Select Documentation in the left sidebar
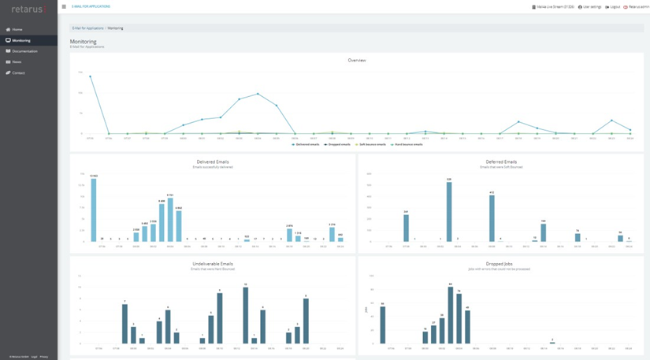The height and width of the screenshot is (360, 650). coord(24,51)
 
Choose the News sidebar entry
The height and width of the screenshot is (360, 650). coord(17,61)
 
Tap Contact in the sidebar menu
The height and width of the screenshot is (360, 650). coord(18,72)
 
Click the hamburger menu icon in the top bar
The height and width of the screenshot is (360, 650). coord(64,6)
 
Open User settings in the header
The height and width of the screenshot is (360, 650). coord(591,6)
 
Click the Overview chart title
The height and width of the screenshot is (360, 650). coord(357,60)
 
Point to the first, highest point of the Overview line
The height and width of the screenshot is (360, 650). coord(90,76)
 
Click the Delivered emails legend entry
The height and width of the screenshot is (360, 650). coord(306,144)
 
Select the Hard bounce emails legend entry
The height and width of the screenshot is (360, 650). coord(407,144)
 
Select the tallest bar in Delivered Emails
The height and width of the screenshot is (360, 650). coord(94,210)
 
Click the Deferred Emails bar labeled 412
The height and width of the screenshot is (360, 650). coord(492,217)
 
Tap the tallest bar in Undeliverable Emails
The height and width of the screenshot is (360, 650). coord(246,315)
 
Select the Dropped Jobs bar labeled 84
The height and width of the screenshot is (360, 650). coord(450,315)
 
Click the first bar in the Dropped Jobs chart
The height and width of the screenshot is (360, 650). coord(383,325)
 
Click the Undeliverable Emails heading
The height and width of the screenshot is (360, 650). coord(213,264)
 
